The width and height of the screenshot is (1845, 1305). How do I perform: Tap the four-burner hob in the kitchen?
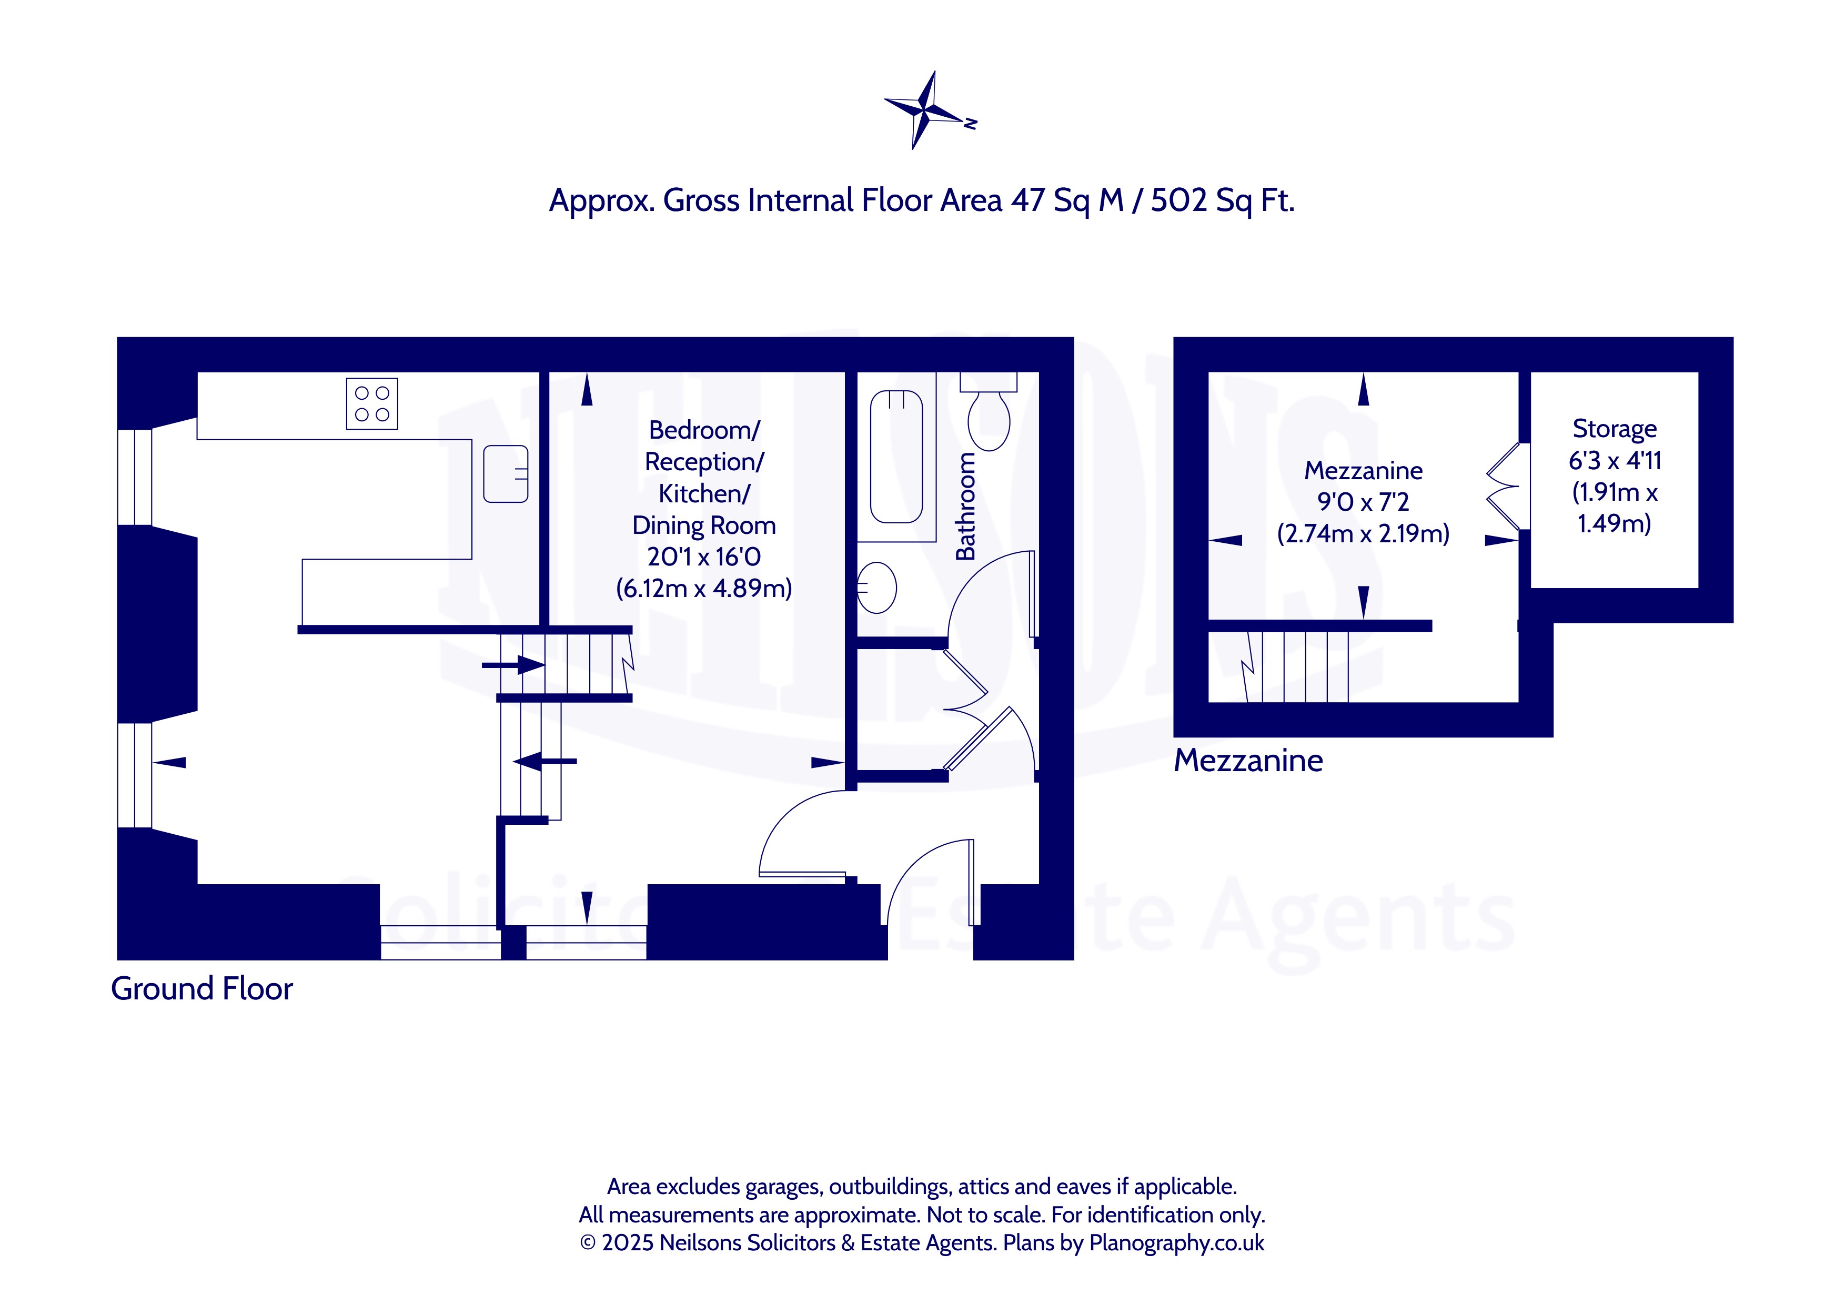[x=372, y=403]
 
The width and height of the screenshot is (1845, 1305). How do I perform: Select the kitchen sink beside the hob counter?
[x=506, y=474]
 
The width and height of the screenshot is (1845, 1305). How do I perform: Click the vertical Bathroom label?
[x=964, y=506]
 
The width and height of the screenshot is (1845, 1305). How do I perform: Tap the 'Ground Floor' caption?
[x=201, y=988]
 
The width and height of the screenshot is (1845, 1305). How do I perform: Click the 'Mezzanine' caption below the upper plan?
[x=1248, y=760]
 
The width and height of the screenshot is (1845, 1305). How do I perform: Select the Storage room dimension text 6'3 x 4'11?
[x=1615, y=460]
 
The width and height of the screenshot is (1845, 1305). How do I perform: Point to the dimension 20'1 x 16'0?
[x=704, y=556]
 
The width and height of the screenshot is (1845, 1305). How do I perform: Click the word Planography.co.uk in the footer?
[x=1176, y=1242]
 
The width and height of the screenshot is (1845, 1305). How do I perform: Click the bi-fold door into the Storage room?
[x=1503, y=486]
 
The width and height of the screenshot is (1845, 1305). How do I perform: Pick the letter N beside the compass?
[x=971, y=124]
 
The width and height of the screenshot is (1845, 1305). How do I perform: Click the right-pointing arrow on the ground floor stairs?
[x=513, y=664]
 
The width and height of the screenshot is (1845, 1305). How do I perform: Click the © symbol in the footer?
[x=588, y=1243]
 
